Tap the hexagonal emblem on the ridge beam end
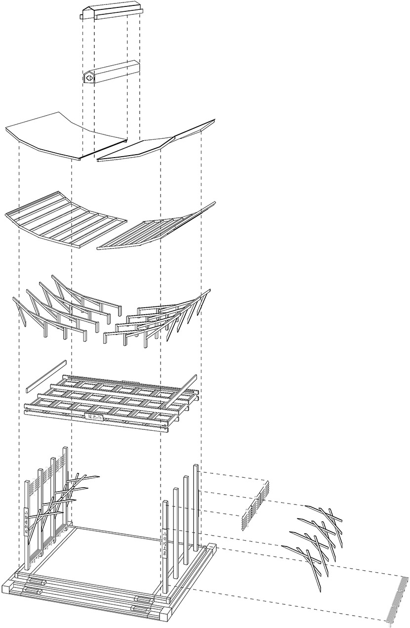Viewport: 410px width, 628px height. coord(89,78)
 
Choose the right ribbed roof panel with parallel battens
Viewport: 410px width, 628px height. coord(158,227)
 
